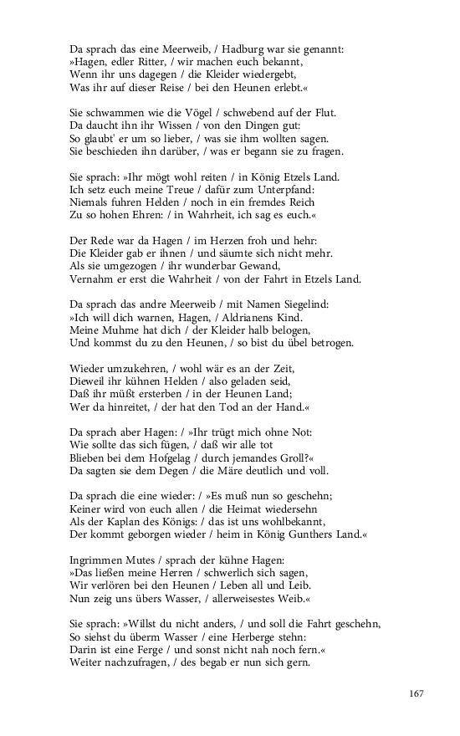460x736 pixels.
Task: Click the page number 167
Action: click(x=417, y=693)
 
